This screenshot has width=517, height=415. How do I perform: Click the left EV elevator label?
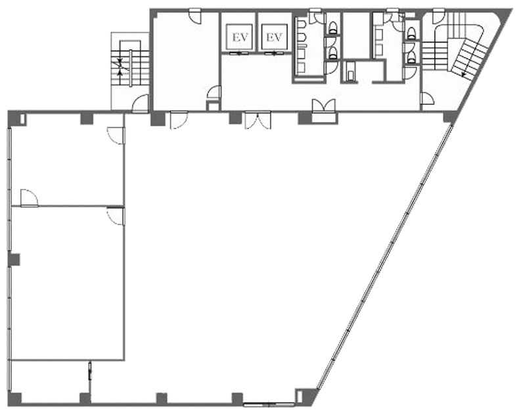click(240, 37)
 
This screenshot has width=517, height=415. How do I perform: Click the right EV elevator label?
click(275, 37)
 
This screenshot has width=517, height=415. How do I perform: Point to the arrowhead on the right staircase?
click(464, 75)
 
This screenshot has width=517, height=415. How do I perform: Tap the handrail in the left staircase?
click(131, 68)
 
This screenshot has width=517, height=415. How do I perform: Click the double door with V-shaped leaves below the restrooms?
click(325, 106)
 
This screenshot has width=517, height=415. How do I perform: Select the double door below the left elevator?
click(258, 120)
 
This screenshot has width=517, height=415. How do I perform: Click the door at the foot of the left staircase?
click(141, 104)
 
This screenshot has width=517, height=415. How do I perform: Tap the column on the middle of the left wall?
click(14, 260)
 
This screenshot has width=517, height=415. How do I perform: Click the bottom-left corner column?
click(14, 399)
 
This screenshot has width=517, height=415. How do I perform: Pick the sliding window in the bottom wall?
click(269, 405)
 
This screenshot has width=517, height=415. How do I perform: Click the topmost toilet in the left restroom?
click(333, 26)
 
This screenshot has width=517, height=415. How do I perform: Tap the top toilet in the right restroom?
click(411, 32)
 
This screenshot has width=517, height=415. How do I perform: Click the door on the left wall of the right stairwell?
click(427, 99)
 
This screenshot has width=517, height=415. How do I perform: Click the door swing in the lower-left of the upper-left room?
click(29, 198)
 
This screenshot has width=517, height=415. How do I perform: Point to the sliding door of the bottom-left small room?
click(90, 371)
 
